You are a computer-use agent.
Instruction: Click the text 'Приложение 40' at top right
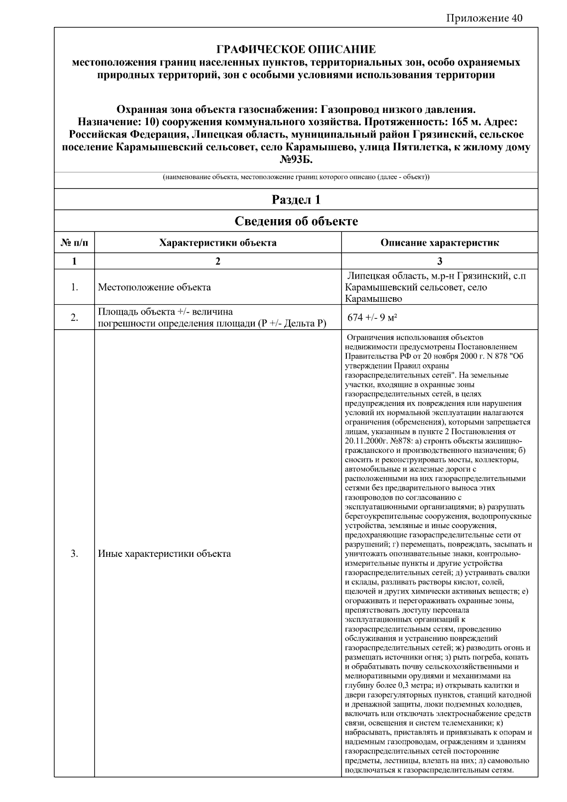pos(484,18)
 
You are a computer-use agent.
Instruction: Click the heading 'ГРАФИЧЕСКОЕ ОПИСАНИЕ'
pos(296,50)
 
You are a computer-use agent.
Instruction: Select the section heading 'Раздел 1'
pos(296,200)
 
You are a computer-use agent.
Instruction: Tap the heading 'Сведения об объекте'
pos(296,221)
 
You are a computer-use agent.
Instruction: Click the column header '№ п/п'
pos(74,243)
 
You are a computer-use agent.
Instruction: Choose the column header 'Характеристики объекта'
pos(218,243)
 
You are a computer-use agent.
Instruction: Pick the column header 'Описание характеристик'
pos(439,243)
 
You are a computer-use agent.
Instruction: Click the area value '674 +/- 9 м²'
pos(372,318)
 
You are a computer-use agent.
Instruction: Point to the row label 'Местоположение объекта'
pos(154,287)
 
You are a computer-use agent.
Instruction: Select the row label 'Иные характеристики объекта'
pos(164,554)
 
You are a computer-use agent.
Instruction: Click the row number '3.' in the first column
pos(74,554)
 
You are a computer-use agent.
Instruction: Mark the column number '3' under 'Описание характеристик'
pos(440,261)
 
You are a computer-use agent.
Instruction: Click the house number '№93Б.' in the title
pos(296,160)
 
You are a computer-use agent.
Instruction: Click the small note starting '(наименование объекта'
pos(296,178)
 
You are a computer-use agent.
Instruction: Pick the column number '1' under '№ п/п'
pos(74,261)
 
